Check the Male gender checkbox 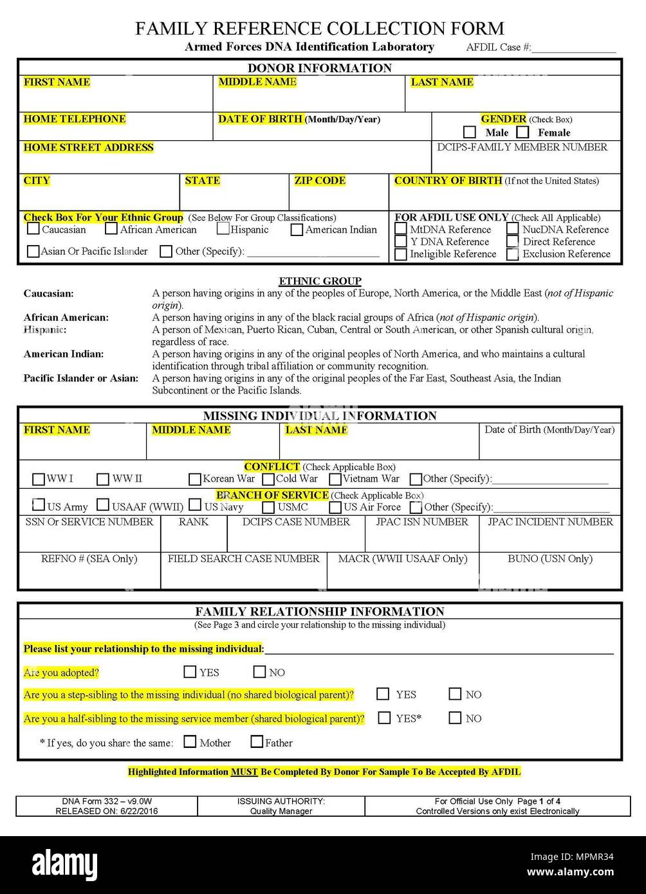[x=470, y=132]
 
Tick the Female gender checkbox [x=522, y=132]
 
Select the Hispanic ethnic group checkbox [x=223, y=229]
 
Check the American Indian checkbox [x=297, y=230]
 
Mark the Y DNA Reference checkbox [x=400, y=242]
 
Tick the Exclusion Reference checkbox [x=513, y=254]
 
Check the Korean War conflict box [x=195, y=479]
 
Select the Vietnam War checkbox [x=335, y=479]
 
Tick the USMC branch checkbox [x=268, y=507]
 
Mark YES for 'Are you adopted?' [x=190, y=672]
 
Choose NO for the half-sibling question [x=455, y=718]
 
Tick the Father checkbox [x=257, y=742]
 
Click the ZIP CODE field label [x=320, y=181]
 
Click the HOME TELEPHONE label [x=75, y=119]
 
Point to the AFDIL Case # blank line [x=574, y=48]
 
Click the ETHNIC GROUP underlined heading [x=320, y=281]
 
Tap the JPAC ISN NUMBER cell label [x=422, y=522]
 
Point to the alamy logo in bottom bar [x=59, y=864]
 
